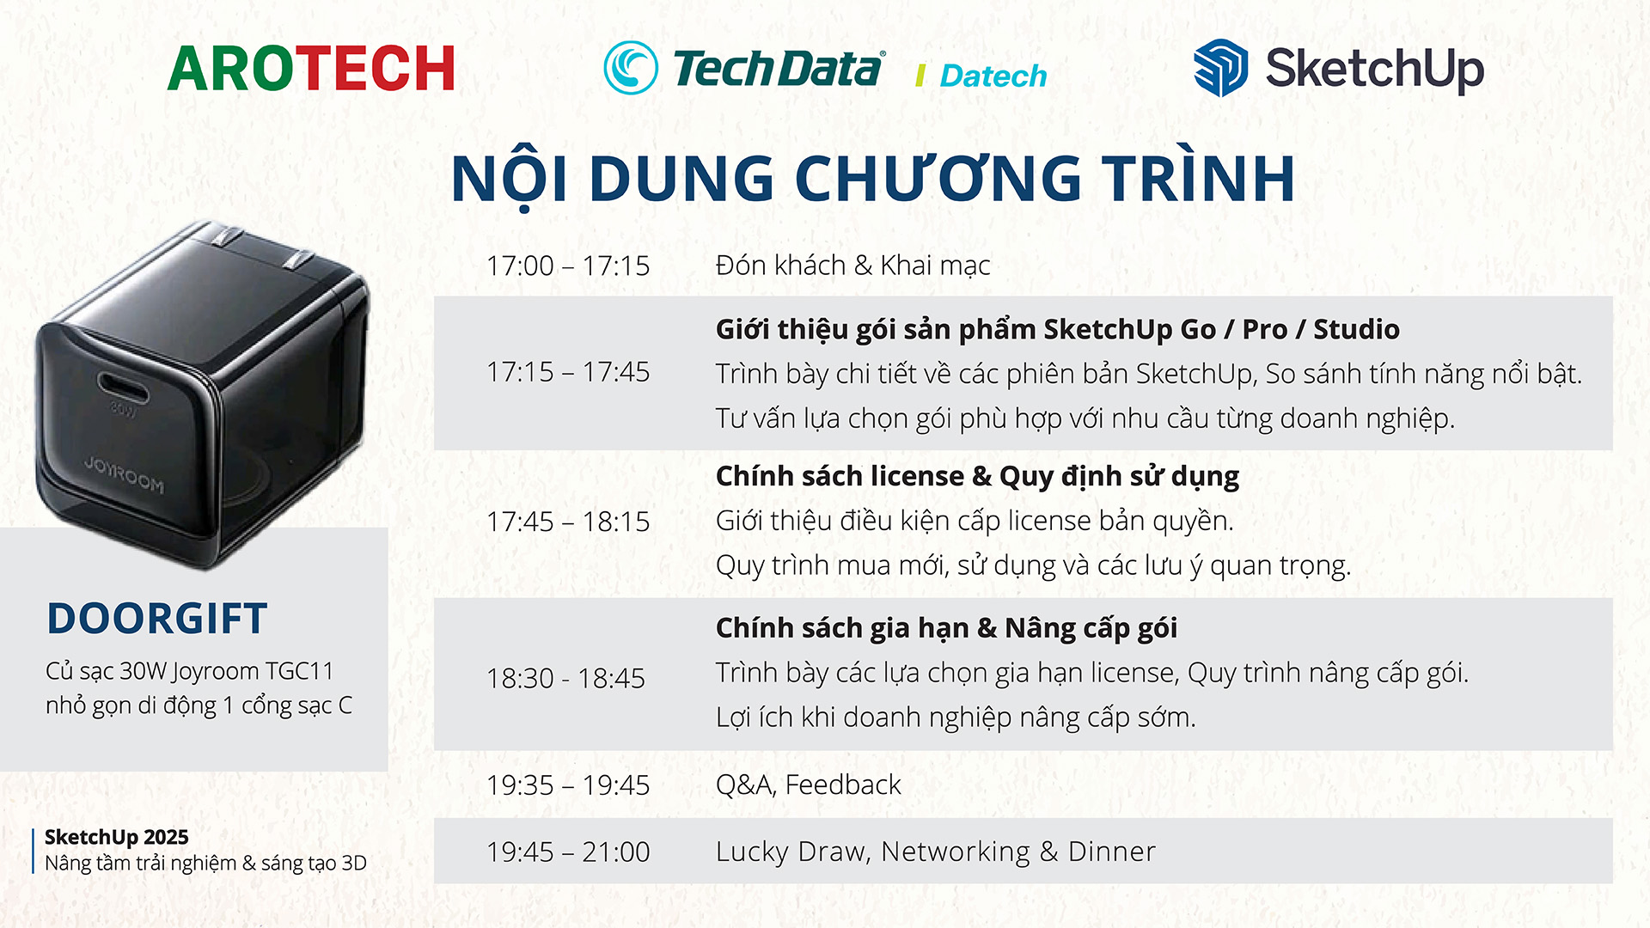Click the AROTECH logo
point(311,69)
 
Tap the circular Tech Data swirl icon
point(631,68)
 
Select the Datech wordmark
point(993,76)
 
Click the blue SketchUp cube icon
point(1220,68)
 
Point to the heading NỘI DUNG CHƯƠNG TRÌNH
point(872,179)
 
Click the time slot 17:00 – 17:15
point(568,266)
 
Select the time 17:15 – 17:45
point(568,372)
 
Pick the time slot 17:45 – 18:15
point(568,522)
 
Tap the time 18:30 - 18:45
point(565,678)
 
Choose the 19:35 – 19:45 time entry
point(568,785)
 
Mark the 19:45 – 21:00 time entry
point(568,852)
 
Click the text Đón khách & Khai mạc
point(852,266)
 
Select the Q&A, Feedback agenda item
point(808,785)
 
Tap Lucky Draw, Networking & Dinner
point(935,852)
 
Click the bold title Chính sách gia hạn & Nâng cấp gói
point(946,628)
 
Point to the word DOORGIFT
point(157,619)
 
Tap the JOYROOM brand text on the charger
point(125,475)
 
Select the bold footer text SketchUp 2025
point(116,837)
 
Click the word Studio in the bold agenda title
point(1356,329)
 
